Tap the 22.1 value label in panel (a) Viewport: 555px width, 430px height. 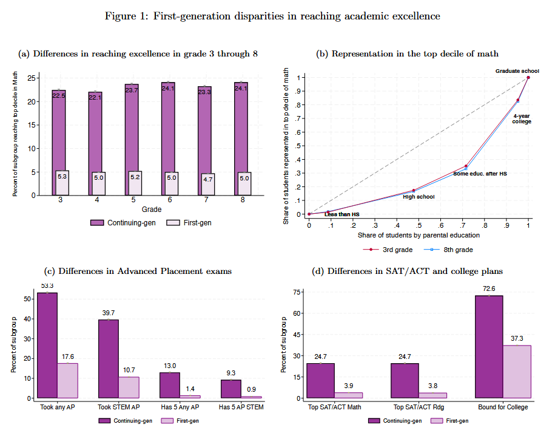pyautogui.click(x=95, y=97)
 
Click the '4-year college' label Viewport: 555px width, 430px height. pyautogui.click(x=522, y=118)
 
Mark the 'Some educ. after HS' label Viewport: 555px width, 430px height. pyautogui.click(x=480, y=174)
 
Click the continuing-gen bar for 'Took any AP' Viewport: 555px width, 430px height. pyautogui.click(x=47, y=346)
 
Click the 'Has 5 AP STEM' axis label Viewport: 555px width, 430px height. pyautogui.click(x=241, y=407)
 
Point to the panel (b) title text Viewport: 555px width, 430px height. pyautogui.click(x=408, y=54)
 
